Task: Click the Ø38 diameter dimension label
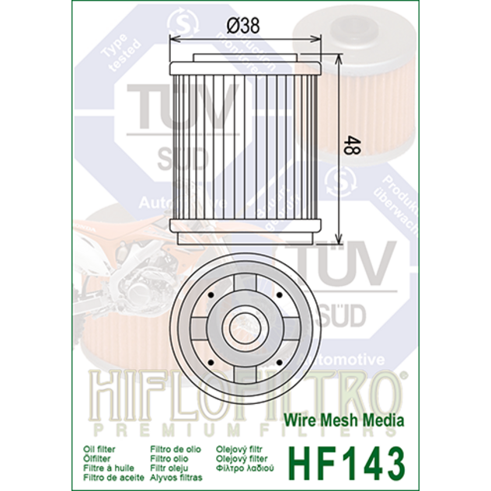coord(243,25)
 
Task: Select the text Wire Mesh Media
coord(353,420)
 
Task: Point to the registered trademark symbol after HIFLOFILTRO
coord(402,378)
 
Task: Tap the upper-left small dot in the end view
coord(211,296)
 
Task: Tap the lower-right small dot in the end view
coord(278,363)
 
